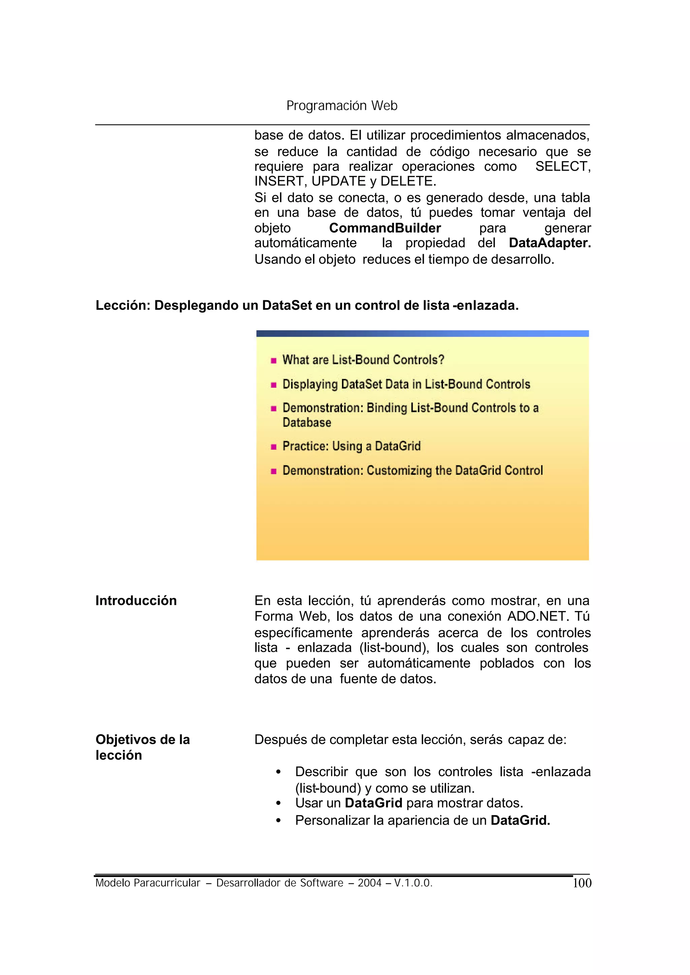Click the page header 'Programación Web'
click(342, 105)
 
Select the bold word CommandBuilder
click(385, 228)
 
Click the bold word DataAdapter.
click(550, 243)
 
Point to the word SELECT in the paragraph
click(562, 166)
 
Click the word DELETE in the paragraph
click(407, 181)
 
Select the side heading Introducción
click(136, 601)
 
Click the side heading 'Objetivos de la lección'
click(142, 747)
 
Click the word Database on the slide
click(307, 423)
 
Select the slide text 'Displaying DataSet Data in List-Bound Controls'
click(406, 384)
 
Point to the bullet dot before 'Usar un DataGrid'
click(278, 804)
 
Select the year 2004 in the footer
click(369, 883)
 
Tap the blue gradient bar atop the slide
click(422, 334)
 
